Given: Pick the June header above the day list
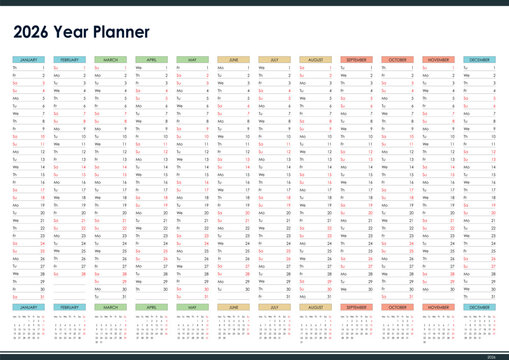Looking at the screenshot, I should point(233,60).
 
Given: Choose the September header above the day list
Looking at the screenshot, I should point(356,60).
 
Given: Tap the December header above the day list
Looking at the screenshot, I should point(479,60).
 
